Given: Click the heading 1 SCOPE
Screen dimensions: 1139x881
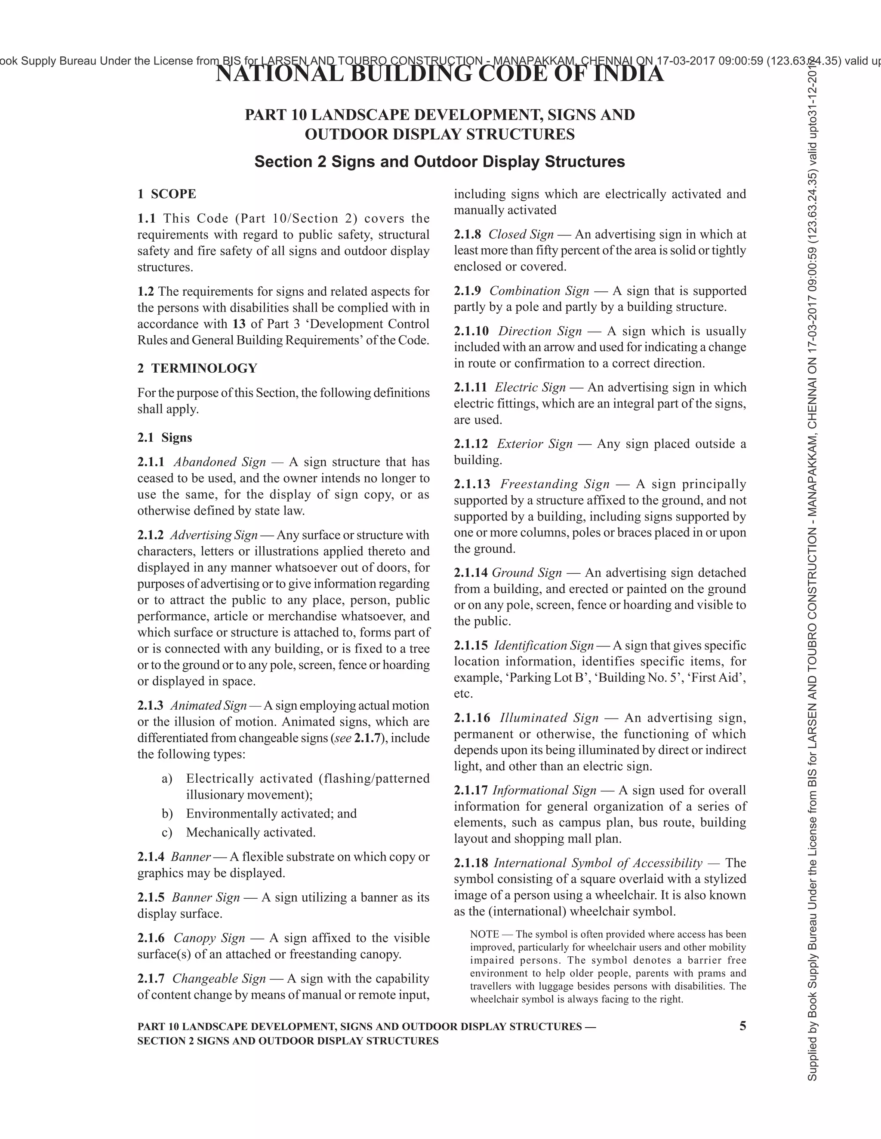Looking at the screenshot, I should [166, 194].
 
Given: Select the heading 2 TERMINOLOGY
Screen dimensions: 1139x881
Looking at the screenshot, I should [197, 368].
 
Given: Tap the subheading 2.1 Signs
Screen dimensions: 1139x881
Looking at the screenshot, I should [164, 437].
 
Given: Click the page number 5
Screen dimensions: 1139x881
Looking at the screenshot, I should [742, 1026].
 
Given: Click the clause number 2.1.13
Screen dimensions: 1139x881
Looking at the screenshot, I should [472, 484].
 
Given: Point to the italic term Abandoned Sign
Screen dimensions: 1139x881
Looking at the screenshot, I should [220, 462].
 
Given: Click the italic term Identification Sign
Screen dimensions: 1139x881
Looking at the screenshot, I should [544, 645].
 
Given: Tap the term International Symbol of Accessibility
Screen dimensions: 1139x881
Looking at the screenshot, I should [598, 863].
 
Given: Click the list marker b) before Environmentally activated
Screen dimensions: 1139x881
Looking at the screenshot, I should [167, 814].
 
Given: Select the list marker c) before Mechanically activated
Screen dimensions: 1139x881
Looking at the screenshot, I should [167, 833].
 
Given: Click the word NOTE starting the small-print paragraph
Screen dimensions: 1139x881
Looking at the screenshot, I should [484, 934].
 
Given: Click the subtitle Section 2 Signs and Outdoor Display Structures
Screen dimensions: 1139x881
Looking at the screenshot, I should [440, 162].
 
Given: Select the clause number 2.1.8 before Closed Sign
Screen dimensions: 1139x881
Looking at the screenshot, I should [468, 234].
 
